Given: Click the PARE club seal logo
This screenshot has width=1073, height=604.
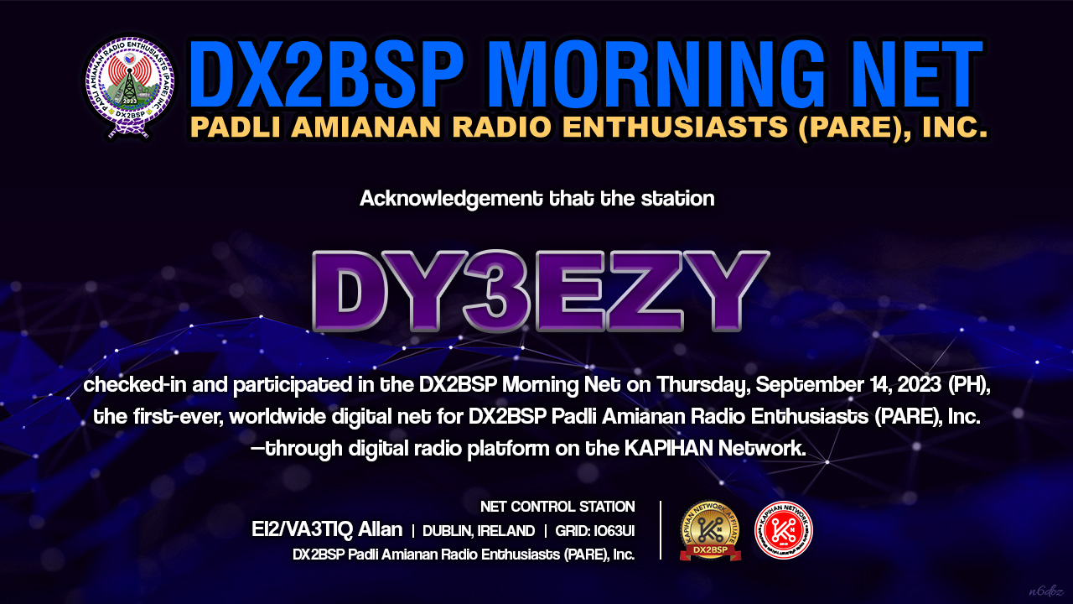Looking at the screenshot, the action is (130, 86).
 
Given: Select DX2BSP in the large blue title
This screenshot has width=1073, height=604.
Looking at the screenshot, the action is (327, 75).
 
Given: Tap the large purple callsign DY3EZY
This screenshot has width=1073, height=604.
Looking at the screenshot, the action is (541, 291).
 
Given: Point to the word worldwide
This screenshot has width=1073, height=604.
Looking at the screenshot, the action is (277, 416).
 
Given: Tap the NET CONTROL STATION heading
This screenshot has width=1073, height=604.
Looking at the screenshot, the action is (557, 507).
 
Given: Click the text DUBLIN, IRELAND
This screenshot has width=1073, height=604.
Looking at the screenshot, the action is (479, 531).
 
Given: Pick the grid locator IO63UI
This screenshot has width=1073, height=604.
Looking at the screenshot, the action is (614, 531).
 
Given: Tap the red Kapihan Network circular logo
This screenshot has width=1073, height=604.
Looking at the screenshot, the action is (784, 531).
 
